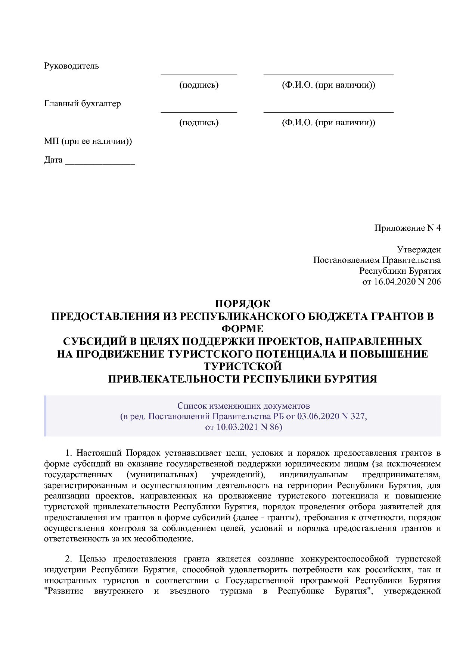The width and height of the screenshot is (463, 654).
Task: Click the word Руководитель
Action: [71, 66]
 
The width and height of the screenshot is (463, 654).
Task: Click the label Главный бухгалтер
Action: [82, 104]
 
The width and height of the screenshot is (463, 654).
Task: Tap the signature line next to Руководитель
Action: [199, 74]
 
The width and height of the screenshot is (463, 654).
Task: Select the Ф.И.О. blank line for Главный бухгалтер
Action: [328, 111]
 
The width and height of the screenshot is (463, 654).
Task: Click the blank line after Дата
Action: [100, 164]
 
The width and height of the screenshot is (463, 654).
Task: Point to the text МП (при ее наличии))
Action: [88, 141]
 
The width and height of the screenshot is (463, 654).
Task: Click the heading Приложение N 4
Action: [407, 228]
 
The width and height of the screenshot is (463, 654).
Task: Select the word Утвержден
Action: [419, 249]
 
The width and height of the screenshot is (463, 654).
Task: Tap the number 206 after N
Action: [434, 282]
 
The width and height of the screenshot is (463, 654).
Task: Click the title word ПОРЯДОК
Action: [242, 304]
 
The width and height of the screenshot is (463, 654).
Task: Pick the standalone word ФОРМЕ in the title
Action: [242, 329]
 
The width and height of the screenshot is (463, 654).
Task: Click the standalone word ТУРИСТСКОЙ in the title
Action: [242, 367]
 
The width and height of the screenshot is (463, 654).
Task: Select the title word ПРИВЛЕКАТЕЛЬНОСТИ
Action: [174, 379]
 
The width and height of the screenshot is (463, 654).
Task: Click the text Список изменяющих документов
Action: [243, 406]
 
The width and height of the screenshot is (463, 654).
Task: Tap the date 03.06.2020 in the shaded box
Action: [318, 416]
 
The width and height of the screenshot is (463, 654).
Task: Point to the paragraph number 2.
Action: [68, 559]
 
